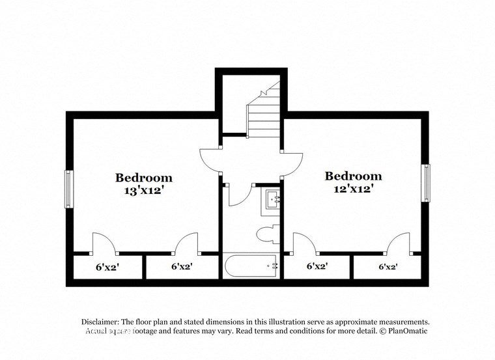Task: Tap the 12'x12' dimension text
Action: (353, 189)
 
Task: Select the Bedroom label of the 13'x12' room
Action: (144, 178)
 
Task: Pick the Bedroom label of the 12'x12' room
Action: (353, 176)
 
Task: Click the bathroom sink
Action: (272, 201)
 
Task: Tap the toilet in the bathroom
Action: (266, 233)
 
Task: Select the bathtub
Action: (251, 265)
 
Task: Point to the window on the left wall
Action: (67, 189)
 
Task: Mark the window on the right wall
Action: (427, 183)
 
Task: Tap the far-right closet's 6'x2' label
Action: (388, 266)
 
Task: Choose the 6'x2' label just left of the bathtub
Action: (182, 266)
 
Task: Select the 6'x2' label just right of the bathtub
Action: (317, 266)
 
